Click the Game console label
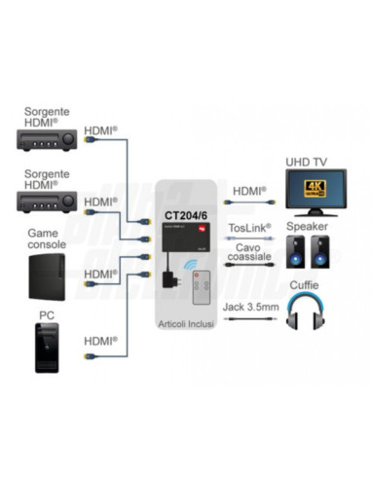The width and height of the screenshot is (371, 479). click(46, 239)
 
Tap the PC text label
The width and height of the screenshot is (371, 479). click(47, 316)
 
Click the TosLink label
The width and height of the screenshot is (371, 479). click(249, 228)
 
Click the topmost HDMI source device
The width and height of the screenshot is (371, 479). click(48, 141)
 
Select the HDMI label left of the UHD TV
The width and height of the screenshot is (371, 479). click(249, 192)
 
